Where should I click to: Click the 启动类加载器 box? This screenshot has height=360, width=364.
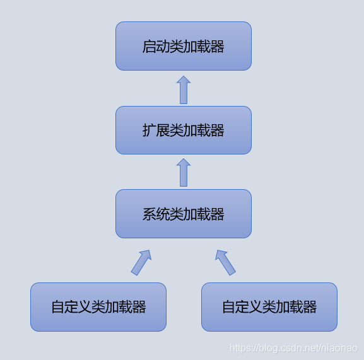tap(184, 46)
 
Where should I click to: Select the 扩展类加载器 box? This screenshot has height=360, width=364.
tap(184, 130)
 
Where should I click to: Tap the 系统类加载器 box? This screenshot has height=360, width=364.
tap(184, 214)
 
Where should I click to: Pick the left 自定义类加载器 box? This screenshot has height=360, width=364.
tap(98, 307)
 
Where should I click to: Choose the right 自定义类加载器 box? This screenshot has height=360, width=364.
tap(269, 307)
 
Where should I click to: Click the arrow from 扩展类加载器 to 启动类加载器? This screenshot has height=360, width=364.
tap(184, 90)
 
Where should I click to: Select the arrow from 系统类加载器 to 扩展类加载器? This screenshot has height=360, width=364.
tap(184, 173)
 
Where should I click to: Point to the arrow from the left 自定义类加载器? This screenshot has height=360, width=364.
tap(141, 262)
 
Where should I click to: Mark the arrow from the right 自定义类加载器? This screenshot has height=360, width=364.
tap(225, 262)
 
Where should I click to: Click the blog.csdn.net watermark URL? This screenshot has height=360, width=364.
tap(294, 348)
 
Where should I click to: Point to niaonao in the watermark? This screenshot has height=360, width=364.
tap(341, 348)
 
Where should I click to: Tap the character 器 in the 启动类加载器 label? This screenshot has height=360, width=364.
tap(218, 47)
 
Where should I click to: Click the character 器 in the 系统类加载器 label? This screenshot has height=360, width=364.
tap(218, 214)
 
